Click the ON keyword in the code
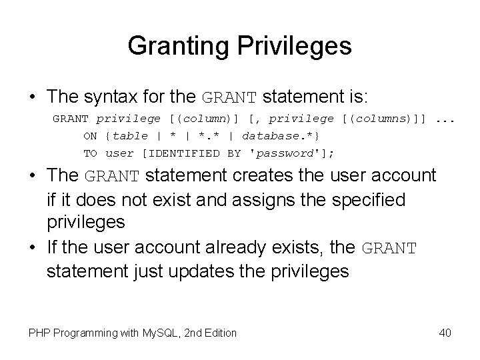coord(90,136)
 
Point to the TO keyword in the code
coord(90,153)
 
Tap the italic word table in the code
coord(132,136)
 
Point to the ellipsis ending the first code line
coord(445,119)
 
